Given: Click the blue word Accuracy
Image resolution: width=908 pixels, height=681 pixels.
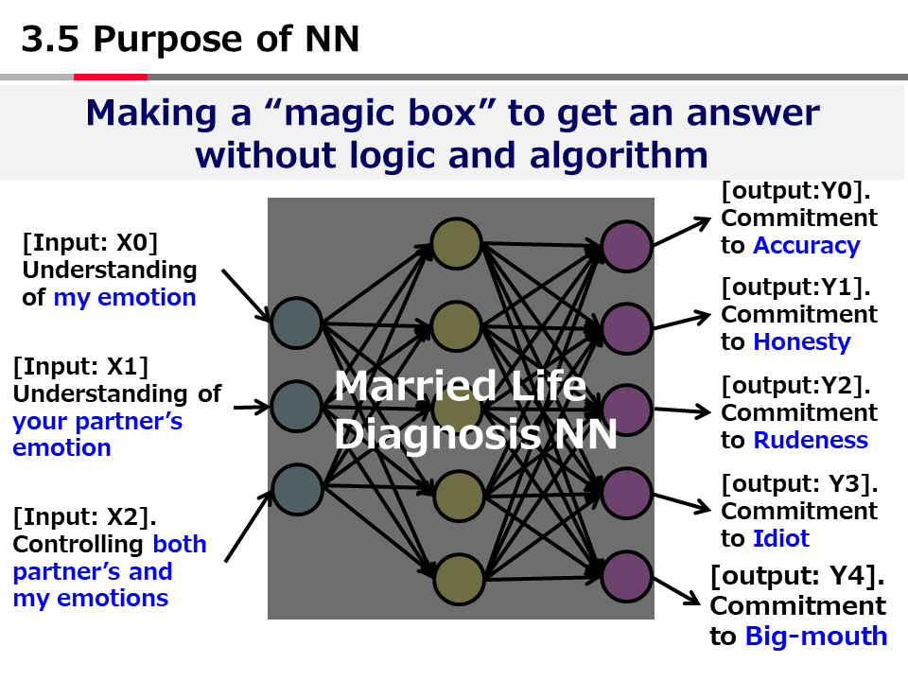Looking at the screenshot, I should point(806,246).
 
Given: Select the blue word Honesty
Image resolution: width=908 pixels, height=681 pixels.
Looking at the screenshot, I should point(801,342).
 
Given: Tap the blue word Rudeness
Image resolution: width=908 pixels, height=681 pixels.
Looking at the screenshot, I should point(810,441).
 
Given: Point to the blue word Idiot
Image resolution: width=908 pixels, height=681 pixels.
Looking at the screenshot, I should point(781,539).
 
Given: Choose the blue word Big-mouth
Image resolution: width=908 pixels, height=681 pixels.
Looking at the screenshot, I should point(816,637).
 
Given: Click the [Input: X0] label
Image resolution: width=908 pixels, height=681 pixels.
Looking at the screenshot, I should point(90,241).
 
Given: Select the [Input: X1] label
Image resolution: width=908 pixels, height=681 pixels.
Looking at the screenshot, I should point(80,365).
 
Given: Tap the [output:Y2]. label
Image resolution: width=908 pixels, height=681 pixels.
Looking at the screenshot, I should point(795,386).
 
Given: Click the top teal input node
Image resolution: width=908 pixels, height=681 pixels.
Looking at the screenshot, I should point(297,323).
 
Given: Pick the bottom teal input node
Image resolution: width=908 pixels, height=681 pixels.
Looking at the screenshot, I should point(297,489).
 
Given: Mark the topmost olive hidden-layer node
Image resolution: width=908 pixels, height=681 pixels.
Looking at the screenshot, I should point(458,243).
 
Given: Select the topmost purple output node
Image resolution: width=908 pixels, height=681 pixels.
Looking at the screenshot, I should point(627,246).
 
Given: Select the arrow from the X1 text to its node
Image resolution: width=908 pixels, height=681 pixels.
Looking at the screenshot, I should point(251,408).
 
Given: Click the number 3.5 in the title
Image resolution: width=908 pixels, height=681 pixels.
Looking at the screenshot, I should point(50,40).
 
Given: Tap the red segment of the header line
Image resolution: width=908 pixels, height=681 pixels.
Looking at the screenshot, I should point(110,77).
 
